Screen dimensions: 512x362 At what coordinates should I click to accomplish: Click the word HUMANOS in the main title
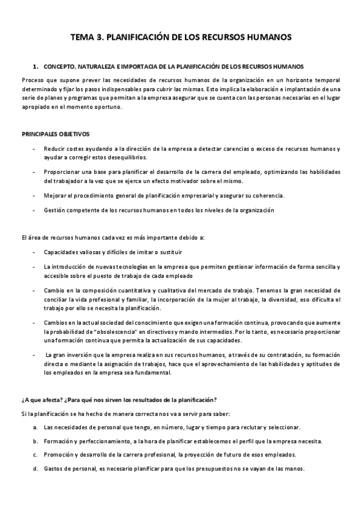click(x=263, y=37)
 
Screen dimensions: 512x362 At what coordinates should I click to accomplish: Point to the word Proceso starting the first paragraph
click(x=33, y=80)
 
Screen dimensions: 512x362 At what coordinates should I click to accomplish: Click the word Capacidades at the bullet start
click(x=61, y=251)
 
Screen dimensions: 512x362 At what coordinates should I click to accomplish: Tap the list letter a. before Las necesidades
click(x=36, y=427)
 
